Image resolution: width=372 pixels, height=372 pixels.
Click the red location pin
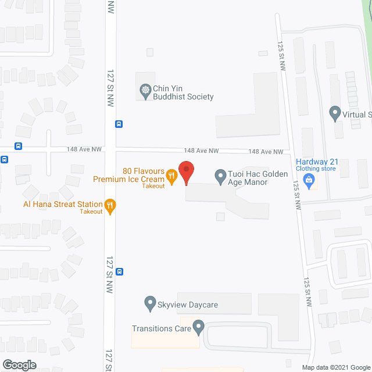pos(186,173)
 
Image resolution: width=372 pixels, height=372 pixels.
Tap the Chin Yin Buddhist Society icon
pos(145,91)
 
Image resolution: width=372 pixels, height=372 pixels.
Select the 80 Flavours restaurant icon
pos(171,175)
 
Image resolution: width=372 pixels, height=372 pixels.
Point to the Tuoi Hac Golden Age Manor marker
pos(220,176)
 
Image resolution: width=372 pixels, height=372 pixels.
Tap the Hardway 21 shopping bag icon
pos(311,181)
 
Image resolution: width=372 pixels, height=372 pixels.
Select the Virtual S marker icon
pos(334,113)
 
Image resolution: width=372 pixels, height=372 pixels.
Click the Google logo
pos(19,364)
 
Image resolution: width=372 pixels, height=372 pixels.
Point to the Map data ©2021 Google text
pos(335,367)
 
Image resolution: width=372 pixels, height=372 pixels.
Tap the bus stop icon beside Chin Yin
pos(119,124)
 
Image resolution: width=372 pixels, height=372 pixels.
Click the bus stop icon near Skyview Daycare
pos(119,271)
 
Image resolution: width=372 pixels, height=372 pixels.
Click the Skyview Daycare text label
pos(187,303)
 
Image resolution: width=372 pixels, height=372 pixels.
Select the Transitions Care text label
pos(161,328)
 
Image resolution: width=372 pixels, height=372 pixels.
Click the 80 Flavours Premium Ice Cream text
pos(137,176)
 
